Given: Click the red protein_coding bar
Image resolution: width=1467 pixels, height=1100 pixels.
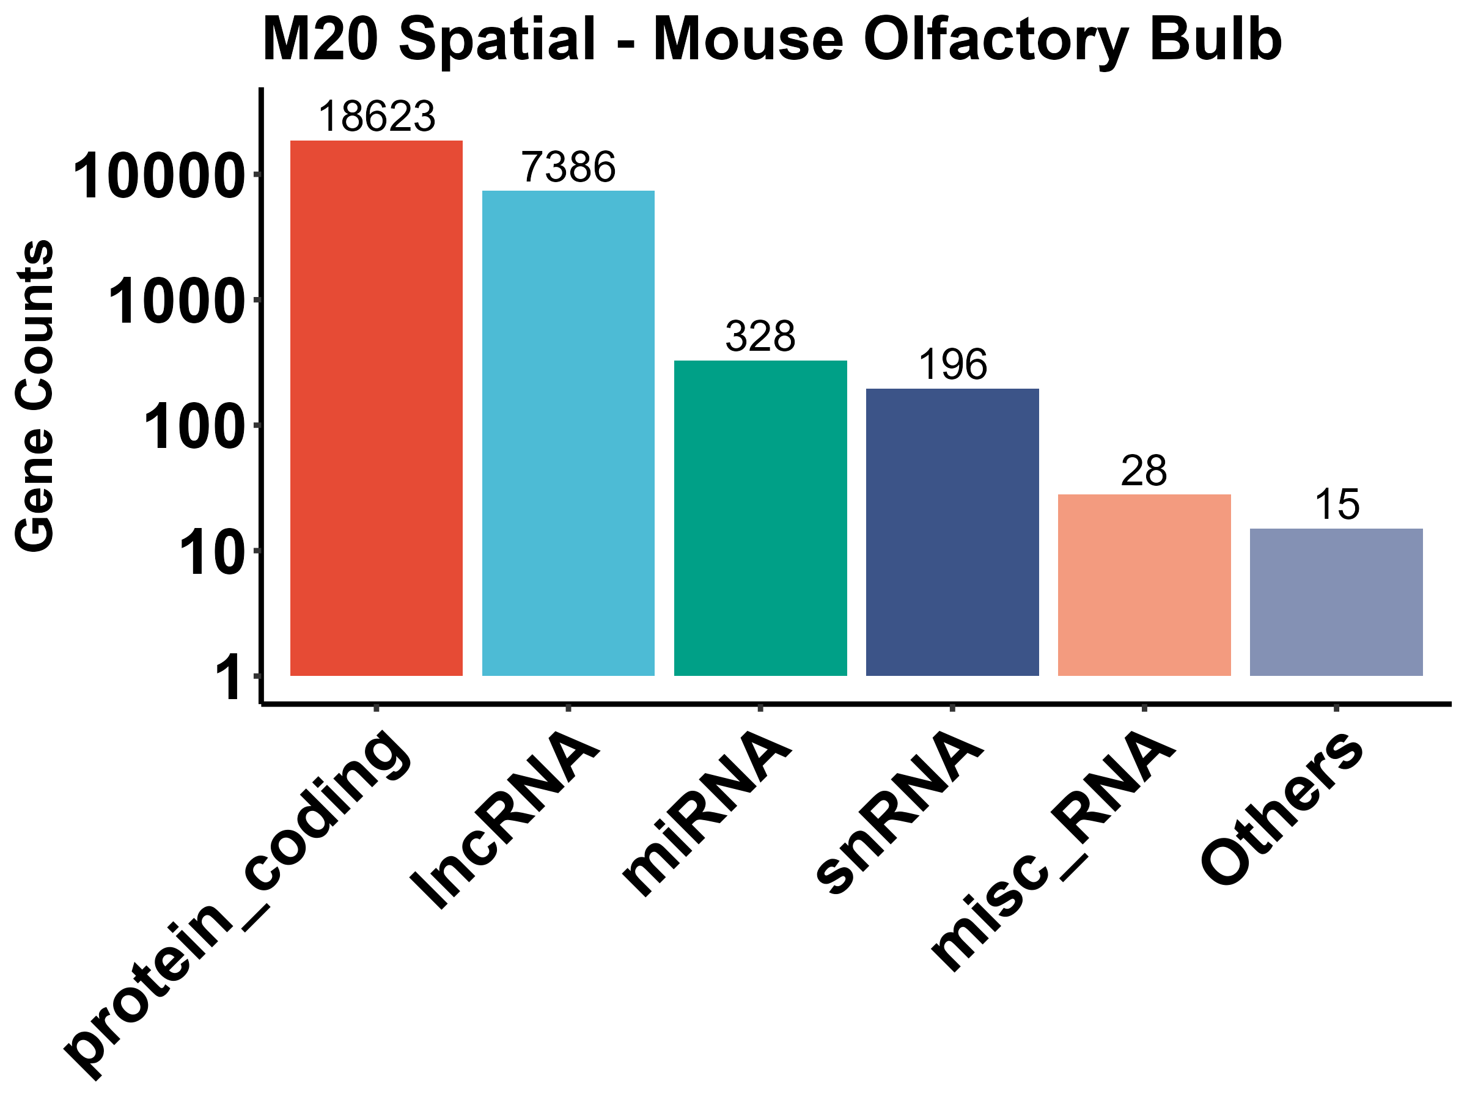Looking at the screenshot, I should point(376,408).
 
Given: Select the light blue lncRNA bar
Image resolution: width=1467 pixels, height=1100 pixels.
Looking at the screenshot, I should point(568,433).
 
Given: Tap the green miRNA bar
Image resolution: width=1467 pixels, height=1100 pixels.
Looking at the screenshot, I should point(760,518).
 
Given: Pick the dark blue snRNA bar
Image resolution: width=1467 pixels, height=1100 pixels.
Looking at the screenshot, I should point(952,532).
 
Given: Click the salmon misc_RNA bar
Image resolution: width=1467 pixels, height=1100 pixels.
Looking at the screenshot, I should point(1144,585).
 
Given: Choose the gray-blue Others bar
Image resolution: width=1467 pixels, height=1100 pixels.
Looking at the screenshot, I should point(1336,602).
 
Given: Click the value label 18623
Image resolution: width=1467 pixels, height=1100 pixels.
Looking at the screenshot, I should point(377,117).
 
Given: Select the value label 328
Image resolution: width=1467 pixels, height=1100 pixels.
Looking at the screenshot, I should point(760,337).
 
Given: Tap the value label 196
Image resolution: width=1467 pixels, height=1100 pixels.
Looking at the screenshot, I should point(952,365).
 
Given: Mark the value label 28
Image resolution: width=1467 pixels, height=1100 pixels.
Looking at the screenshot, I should point(1144,471).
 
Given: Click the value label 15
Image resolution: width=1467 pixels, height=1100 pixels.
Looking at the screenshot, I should point(1336,505).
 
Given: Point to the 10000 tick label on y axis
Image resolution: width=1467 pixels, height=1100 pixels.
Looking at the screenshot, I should point(158,177).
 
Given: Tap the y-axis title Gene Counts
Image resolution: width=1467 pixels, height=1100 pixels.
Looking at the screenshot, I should point(34,395).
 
